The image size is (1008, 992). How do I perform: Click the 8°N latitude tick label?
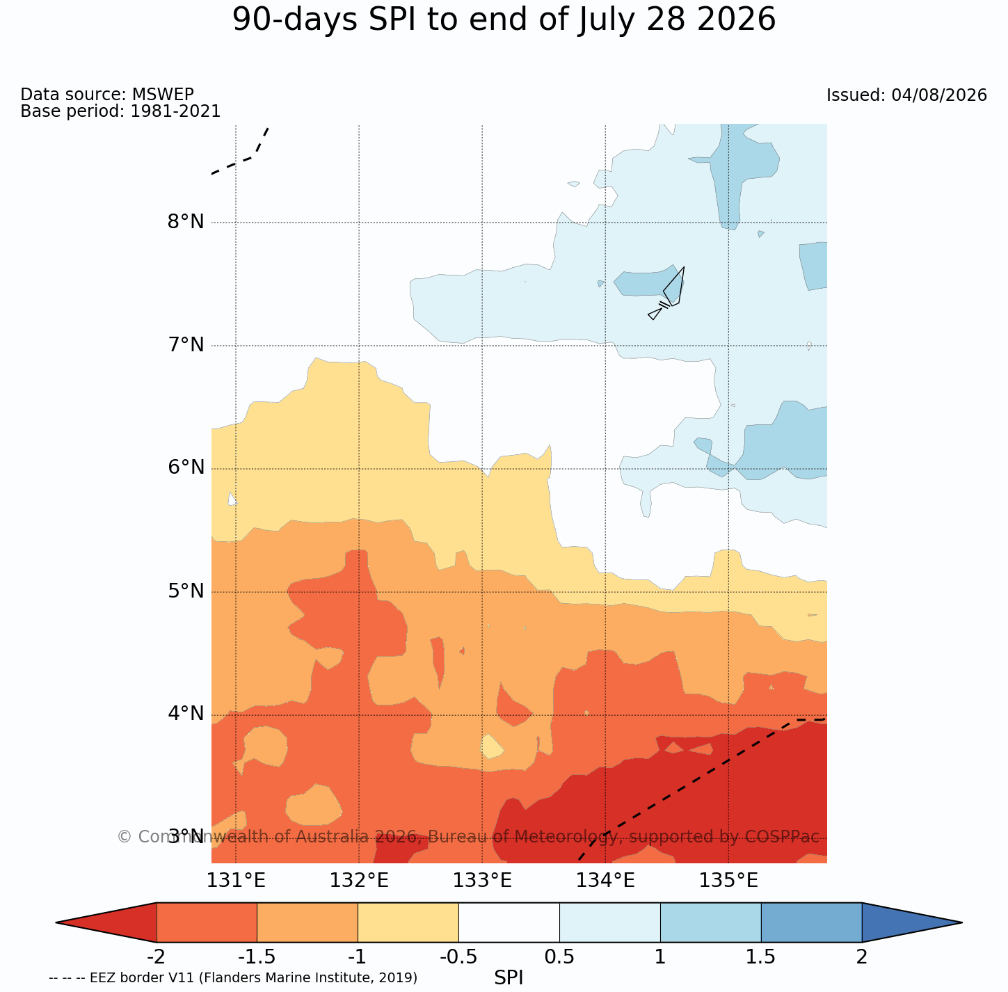[x=186, y=222]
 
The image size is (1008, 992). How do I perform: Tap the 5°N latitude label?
[x=186, y=591]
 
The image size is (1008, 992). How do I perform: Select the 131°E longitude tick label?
[x=236, y=881]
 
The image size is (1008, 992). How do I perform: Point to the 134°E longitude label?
[x=605, y=881]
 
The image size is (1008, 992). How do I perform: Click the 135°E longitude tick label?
[x=728, y=881]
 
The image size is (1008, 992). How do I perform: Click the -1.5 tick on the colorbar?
[x=256, y=957]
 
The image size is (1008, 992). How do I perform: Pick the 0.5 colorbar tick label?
[x=559, y=957]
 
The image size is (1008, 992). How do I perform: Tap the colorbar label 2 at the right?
[x=861, y=957]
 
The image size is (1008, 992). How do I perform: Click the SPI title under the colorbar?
[x=509, y=978]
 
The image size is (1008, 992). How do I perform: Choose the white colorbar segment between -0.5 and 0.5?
[x=509, y=922]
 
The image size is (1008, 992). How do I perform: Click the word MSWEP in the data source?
[x=163, y=94]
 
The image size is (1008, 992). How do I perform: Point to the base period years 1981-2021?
[x=175, y=111]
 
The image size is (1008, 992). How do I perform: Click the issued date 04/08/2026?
[x=939, y=95]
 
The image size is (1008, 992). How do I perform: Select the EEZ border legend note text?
[x=233, y=978]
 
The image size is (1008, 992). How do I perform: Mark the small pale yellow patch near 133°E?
[x=492, y=746]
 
